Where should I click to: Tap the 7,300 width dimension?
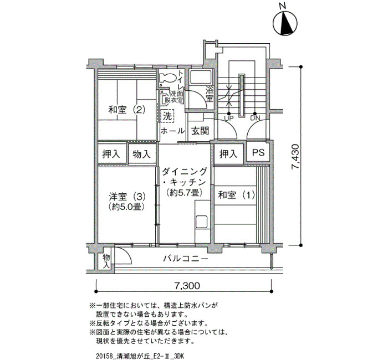click(187, 286)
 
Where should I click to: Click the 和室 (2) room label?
click(126, 110)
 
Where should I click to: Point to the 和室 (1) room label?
click(237, 195)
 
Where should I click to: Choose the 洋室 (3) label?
click(127, 197)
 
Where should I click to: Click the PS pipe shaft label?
click(258, 152)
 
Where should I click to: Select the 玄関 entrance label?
click(200, 131)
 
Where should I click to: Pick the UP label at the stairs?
click(229, 118)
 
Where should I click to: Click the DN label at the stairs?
click(255, 118)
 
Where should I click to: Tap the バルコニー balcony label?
click(185, 259)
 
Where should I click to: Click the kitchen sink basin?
click(201, 222)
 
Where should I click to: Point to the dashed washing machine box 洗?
click(167, 116)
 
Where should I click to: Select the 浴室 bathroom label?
click(210, 94)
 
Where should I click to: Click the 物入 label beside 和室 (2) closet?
click(141, 155)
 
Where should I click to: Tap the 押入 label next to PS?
click(228, 154)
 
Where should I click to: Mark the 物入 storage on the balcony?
click(106, 261)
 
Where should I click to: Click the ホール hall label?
click(173, 131)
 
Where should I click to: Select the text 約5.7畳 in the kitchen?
click(185, 192)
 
